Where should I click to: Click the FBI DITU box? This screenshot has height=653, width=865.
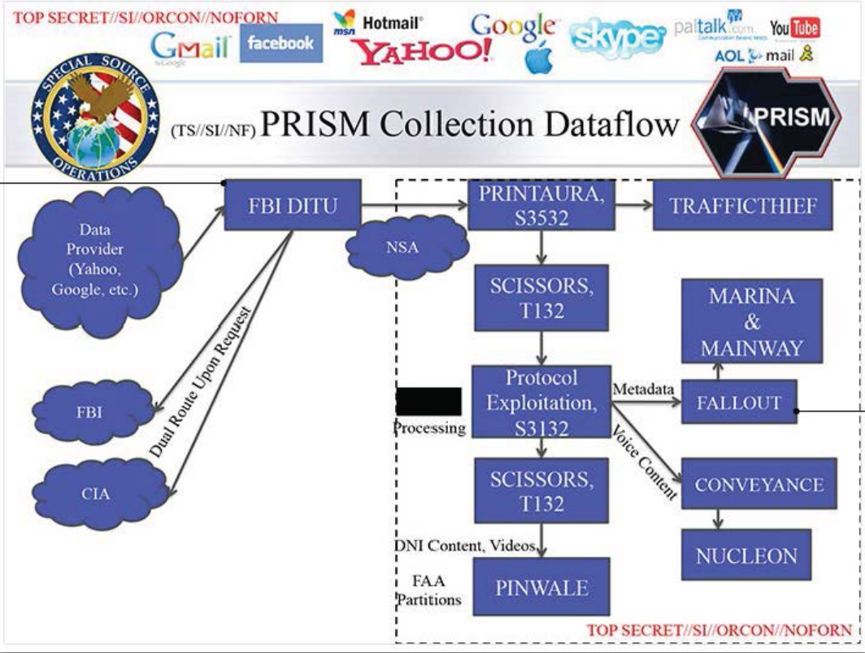point(292,205)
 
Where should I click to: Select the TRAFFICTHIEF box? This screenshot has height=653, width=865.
point(743,205)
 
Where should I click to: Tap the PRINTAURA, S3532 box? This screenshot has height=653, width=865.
point(540,205)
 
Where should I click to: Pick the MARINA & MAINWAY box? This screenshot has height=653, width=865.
point(751,321)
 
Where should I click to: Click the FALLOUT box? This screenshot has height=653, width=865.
point(738,402)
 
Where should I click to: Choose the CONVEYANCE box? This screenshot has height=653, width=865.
point(759,485)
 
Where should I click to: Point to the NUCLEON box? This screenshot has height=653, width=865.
point(745,555)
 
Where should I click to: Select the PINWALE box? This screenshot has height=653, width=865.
point(540,586)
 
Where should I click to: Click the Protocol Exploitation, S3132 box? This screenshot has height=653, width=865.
point(540,402)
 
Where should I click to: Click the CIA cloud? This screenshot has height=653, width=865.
point(94,493)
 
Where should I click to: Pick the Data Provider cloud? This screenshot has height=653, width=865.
point(96,259)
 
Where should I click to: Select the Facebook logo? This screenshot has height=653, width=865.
point(280,43)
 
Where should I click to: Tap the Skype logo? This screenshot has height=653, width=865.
point(617,37)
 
